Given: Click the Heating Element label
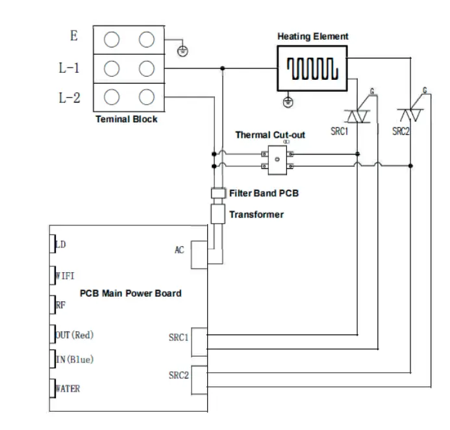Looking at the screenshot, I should [x=313, y=36].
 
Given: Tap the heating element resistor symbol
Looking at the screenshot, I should [x=313, y=68].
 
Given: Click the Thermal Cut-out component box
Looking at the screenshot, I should [x=277, y=160].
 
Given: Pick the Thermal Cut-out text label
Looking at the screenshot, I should [x=269, y=135].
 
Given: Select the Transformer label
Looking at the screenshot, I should [x=256, y=214].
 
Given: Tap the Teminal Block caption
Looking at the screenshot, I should [x=127, y=120].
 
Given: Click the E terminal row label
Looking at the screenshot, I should [x=74, y=36].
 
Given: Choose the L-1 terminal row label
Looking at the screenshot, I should [x=70, y=68].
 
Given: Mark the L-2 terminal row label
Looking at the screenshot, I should [x=70, y=97].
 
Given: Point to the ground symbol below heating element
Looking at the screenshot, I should [x=290, y=101].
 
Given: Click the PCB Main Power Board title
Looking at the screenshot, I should [x=131, y=293].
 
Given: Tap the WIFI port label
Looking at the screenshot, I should [x=66, y=275].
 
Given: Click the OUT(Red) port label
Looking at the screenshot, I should [x=75, y=335].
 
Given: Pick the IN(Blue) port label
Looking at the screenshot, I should [x=75, y=359].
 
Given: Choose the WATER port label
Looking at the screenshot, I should [x=68, y=389].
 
